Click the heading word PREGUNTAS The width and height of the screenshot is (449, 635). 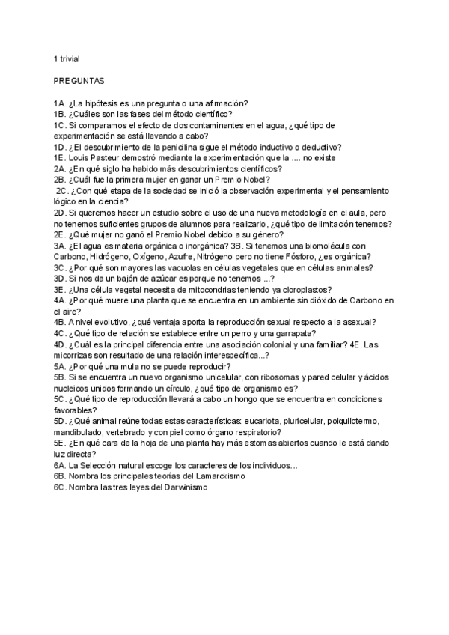tap(79, 79)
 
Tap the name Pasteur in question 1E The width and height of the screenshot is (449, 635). tap(100, 158)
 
